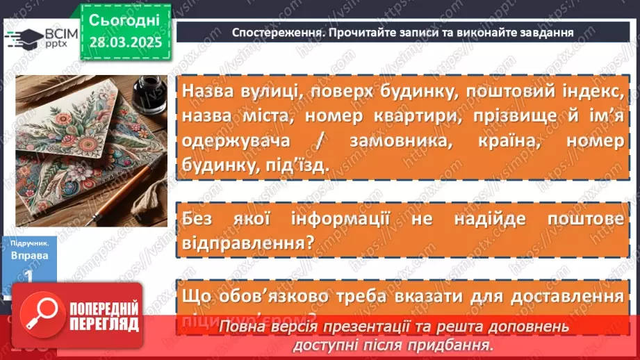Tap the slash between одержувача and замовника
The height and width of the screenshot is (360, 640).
point(299,141)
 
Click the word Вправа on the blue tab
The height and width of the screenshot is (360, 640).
point(30,256)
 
